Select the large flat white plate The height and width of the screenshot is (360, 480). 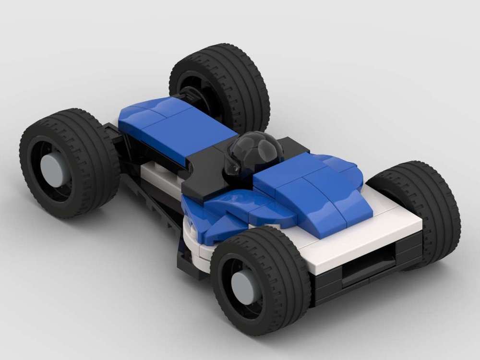[365, 235]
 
